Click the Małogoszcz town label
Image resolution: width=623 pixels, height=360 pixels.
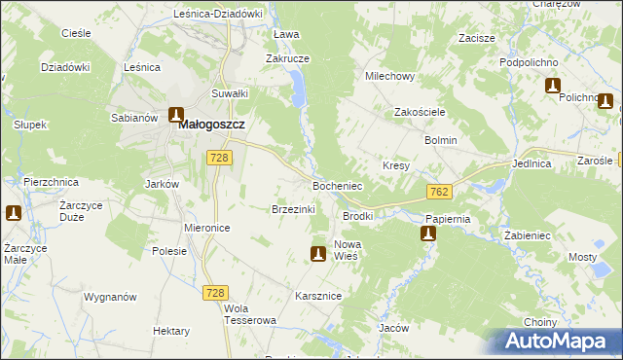tap(209, 126)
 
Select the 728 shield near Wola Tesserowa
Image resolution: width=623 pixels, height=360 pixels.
tap(216, 292)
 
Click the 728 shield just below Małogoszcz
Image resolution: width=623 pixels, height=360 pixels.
tap(219, 158)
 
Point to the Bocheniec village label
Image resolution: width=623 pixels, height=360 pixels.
tap(337, 185)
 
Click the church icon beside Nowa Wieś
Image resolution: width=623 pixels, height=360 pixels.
tap(317, 254)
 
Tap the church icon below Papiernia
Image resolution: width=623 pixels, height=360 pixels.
tap(428, 234)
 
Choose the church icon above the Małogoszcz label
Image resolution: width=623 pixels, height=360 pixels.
tap(176, 114)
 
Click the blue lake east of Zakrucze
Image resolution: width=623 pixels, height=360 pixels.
tap(297, 91)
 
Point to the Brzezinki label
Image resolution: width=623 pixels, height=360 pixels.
tap(293, 209)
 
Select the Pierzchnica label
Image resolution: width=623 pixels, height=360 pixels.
tap(50, 182)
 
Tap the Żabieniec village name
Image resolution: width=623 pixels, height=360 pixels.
tap(529, 235)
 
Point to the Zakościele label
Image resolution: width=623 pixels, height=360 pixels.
tap(420, 112)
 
